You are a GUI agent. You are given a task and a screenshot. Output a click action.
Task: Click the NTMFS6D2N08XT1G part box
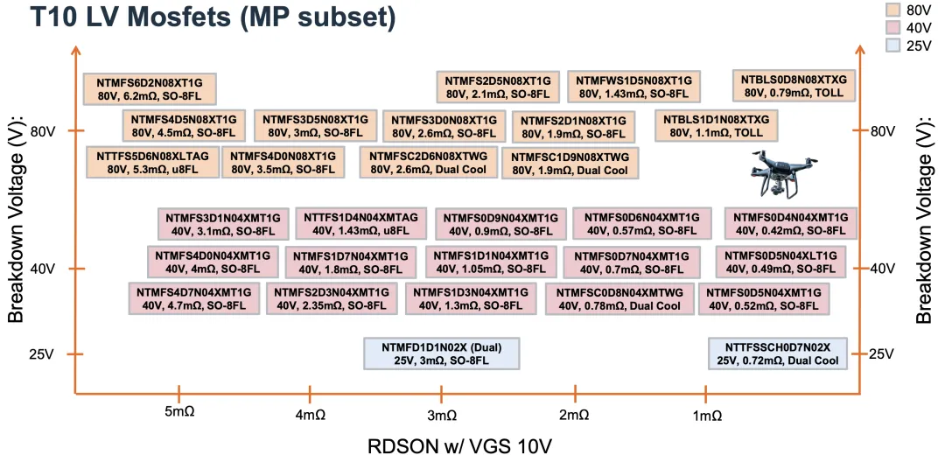(149, 87)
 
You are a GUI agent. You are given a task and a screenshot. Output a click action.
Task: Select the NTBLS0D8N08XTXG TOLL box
(794, 86)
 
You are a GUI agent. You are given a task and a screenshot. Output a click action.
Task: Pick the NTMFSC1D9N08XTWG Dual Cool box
(570, 163)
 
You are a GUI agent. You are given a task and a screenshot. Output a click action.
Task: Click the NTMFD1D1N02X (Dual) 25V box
(441, 353)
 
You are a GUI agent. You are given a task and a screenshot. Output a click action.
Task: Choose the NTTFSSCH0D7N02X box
(777, 353)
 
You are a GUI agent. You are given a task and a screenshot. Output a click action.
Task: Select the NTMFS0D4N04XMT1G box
(790, 223)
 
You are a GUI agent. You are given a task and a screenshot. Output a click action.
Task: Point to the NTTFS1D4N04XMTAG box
(361, 223)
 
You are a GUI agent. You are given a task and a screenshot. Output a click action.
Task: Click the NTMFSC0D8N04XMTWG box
(619, 298)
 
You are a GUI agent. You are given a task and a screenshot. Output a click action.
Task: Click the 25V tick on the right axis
(882, 353)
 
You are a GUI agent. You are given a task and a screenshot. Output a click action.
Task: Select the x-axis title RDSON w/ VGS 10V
(460, 444)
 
